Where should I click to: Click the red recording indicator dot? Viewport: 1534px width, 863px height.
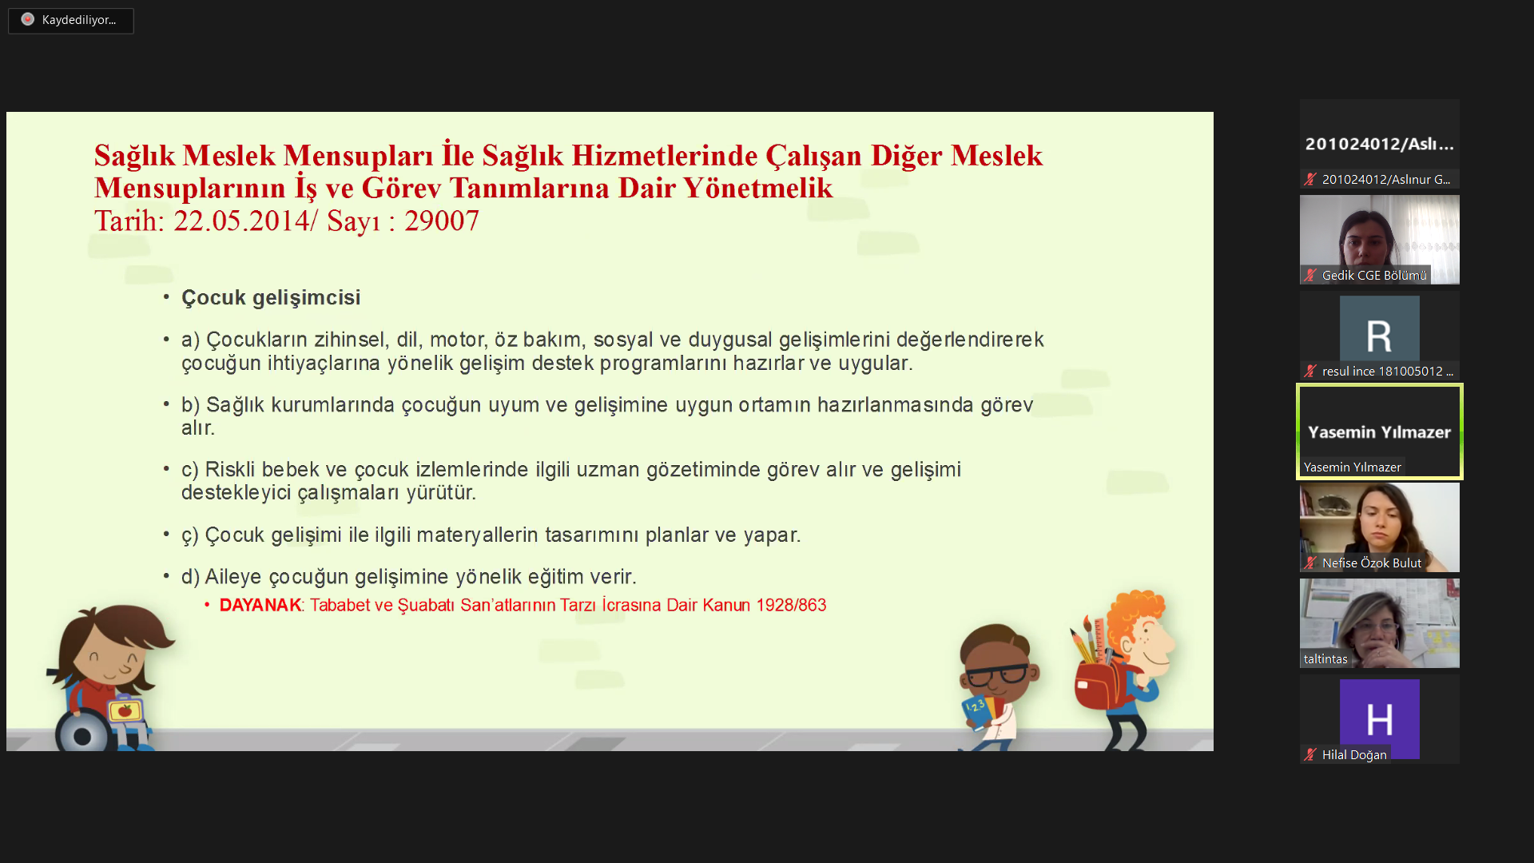(x=28, y=19)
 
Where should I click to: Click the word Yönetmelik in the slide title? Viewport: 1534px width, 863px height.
(x=758, y=188)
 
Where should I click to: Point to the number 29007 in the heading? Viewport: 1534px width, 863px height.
(x=441, y=221)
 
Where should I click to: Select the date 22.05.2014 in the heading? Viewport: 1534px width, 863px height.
(x=241, y=221)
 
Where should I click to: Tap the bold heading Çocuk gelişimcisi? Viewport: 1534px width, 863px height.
(x=271, y=298)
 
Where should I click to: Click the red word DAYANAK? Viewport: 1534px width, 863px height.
(x=260, y=605)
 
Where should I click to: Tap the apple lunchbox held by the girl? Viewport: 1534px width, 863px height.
(x=125, y=710)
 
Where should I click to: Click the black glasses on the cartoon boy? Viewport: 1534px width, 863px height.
(x=996, y=675)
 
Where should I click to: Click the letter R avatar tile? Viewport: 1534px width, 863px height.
(x=1379, y=336)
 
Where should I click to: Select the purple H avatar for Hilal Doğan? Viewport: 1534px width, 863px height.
(x=1379, y=719)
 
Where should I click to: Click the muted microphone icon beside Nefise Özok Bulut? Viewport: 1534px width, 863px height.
(x=1310, y=563)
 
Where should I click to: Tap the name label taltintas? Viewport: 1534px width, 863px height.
(x=1325, y=659)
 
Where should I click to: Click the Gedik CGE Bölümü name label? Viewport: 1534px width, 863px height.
(x=1374, y=276)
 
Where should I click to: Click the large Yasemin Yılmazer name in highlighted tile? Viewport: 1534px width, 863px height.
(x=1379, y=432)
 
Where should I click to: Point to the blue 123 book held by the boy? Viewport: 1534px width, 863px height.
(x=977, y=711)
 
